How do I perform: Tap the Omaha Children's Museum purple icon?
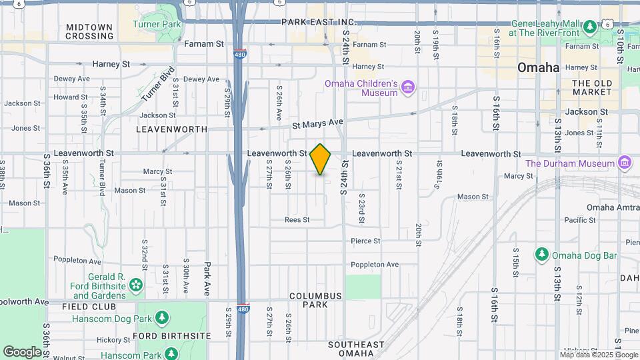click(408, 88)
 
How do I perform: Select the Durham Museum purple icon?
click(625, 163)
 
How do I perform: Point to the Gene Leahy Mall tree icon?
click(590, 27)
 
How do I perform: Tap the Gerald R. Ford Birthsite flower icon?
click(136, 285)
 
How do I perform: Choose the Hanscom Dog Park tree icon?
click(161, 317)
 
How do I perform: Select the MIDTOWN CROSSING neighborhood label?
click(89, 31)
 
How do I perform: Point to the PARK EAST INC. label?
click(319, 22)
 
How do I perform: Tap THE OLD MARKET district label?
click(592, 87)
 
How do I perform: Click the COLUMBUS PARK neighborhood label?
click(315, 300)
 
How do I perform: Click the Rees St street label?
click(297, 219)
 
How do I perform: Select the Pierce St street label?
click(365, 241)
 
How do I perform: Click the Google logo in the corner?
click(22, 351)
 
